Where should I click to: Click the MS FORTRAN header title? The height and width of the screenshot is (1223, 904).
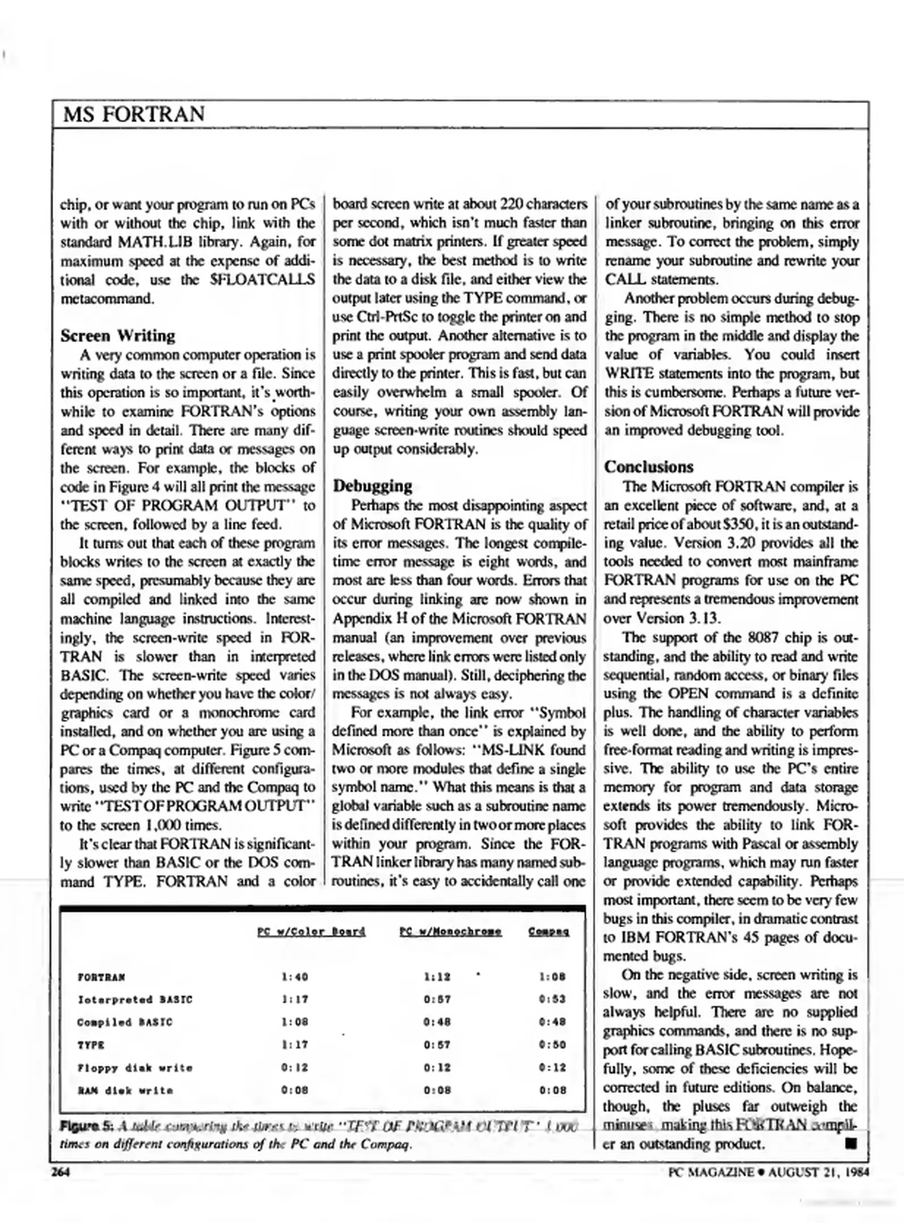pyautogui.click(x=134, y=114)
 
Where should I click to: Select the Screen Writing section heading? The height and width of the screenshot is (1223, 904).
pyautogui.click(x=118, y=335)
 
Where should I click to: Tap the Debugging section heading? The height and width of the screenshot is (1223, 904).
pyautogui.click(x=372, y=486)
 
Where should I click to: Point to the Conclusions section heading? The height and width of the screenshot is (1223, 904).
pyautogui.click(x=648, y=467)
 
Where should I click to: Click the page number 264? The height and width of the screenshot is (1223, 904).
pyautogui.click(x=61, y=1172)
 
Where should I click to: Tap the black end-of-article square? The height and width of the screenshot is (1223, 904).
pyautogui.click(x=850, y=1144)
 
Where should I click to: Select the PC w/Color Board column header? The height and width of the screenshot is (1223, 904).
pyautogui.click(x=311, y=931)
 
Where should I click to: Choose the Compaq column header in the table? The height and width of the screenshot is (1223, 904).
pyautogui.click(x=549, y=931)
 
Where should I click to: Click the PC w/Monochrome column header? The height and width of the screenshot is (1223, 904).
pyautogui.click(x=450, y=931)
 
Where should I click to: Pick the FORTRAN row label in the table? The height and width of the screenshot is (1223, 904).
pyautogui.click(x=101, y=977)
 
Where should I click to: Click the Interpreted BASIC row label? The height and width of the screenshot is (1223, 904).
pyautogui.click(x=135, y=1000)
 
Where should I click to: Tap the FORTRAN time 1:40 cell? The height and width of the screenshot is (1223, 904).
pyautogui.click(x=294, y=977)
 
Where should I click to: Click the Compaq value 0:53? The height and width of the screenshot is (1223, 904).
pyautogui.click(x=552, y=1000)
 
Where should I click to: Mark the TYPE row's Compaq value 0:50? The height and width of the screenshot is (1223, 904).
pyautogui.click(x=552, y=1045)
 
